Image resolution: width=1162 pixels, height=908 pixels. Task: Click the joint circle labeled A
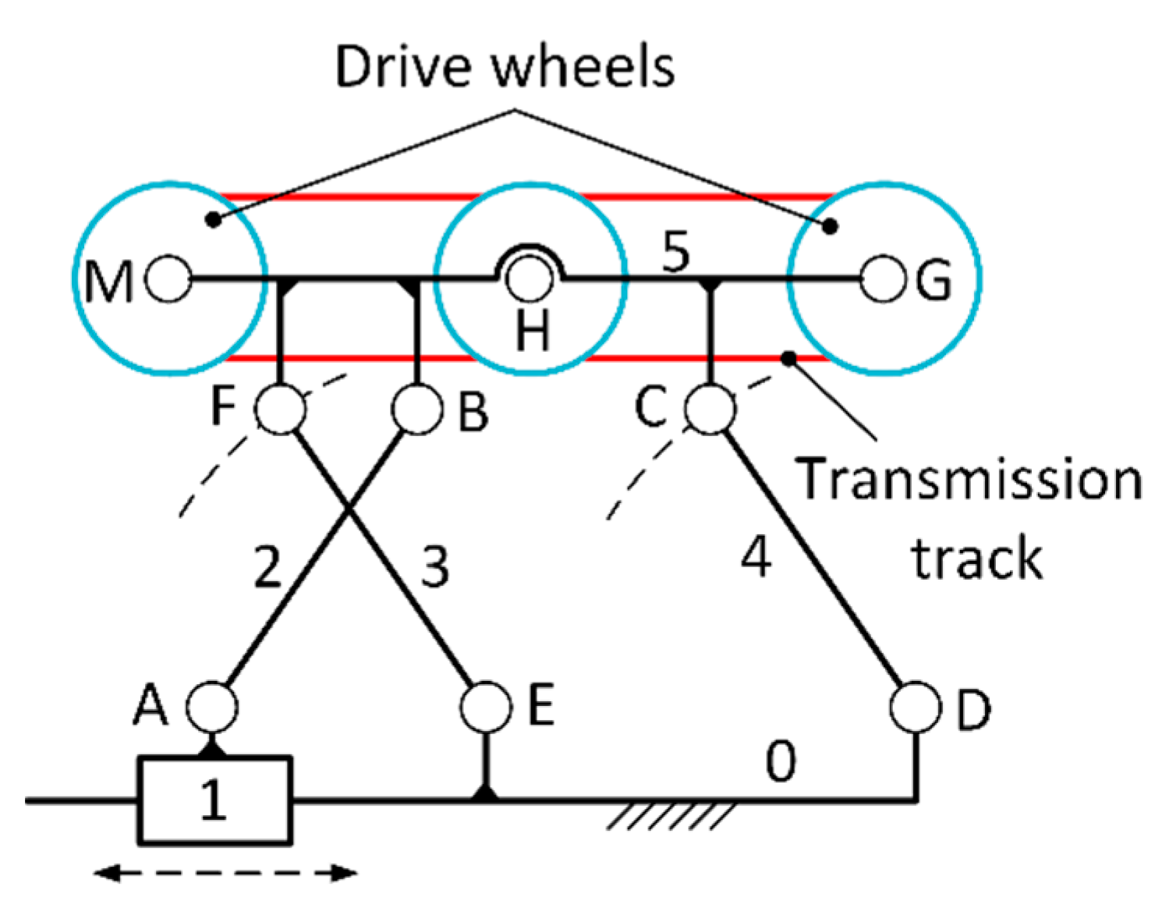click(x=211, y=707)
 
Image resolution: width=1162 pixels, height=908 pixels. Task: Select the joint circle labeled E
click(x=486, y=707)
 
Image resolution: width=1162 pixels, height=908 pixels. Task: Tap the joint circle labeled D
click(x=916, y=707)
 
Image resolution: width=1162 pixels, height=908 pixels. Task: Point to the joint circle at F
click(x=281, y=408)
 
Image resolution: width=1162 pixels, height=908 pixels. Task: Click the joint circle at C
click(x=710, y=408)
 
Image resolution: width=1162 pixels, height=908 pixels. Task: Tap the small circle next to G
click(x=884, y=278)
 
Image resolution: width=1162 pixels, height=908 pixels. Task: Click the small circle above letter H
click(x=529, y=278)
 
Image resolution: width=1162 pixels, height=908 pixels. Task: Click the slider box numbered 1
click(x=214, y=800)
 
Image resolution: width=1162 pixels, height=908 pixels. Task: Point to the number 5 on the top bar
click(x=675, y=251)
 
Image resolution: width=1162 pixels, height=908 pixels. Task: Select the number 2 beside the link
click(x=267, y=567)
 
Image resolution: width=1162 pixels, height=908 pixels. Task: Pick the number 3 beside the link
click(x=435, y=567)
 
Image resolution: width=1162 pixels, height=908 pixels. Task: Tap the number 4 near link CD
click(x=756, y=557)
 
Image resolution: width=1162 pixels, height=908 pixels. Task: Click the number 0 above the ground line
click(x=781, y=761)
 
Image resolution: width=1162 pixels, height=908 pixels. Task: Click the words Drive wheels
click(x=505, y=67)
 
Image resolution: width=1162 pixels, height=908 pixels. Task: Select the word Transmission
click(x=969, y=478)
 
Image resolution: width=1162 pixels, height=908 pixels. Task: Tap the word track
click(x=976, y=559)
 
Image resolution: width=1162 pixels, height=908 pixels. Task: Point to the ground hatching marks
click(x=671, y=816)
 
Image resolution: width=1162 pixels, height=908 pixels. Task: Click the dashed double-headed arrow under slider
click(x=226, y=873)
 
